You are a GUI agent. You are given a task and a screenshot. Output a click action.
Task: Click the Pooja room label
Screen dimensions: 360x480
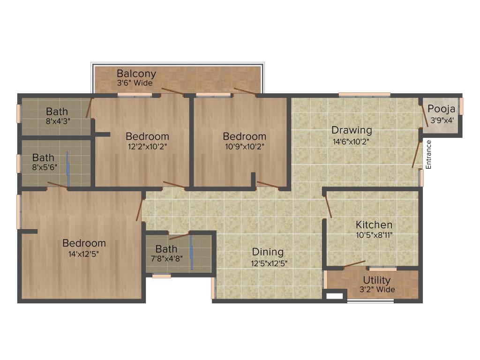pyautogui.click(x=442, y=109)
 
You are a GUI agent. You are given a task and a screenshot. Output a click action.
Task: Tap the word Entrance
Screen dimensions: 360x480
pyautogui.click(x=428, y=155)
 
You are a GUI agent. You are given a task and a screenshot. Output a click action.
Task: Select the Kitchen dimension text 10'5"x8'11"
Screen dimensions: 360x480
pyautogui.click(x=374, y=235)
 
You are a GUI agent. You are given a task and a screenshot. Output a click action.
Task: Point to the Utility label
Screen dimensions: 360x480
pyautogui.click(x=376, y=280)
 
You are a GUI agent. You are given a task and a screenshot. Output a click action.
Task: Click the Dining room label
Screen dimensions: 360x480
pyautogui.click(x=268, y=252)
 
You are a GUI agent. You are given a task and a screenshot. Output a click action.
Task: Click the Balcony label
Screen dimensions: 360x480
pyautogui.click(x=136, y=74)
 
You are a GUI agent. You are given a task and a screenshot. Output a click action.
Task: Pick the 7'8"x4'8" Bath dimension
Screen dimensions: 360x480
pyautogui.click(x=166, y=257)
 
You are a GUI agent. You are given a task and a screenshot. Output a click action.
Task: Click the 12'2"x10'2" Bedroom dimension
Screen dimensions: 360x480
pyautogui.click(x=147, y=146)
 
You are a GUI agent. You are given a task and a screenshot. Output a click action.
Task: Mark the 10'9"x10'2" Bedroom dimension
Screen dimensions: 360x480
pyautogui.click(x=244, y=146)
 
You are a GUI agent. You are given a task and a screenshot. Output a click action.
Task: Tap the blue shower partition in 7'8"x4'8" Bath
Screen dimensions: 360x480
pyautogui.click(x=191, y=252)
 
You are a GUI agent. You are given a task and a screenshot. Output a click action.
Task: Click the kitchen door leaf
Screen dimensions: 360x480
pyautogui.click(x=328, y=207)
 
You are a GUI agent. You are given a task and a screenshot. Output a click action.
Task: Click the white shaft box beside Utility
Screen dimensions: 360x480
pyautogui.click(x=334, y=296)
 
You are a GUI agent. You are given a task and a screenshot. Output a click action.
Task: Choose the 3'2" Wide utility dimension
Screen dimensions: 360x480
pyautogui.click(x=377, y=290)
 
